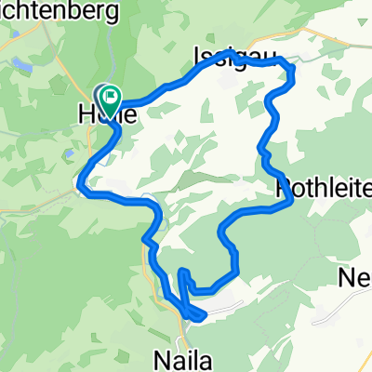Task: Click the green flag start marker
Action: point(111,94)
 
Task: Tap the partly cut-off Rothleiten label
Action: point(325,190)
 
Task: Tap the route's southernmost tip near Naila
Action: point(198,318)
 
